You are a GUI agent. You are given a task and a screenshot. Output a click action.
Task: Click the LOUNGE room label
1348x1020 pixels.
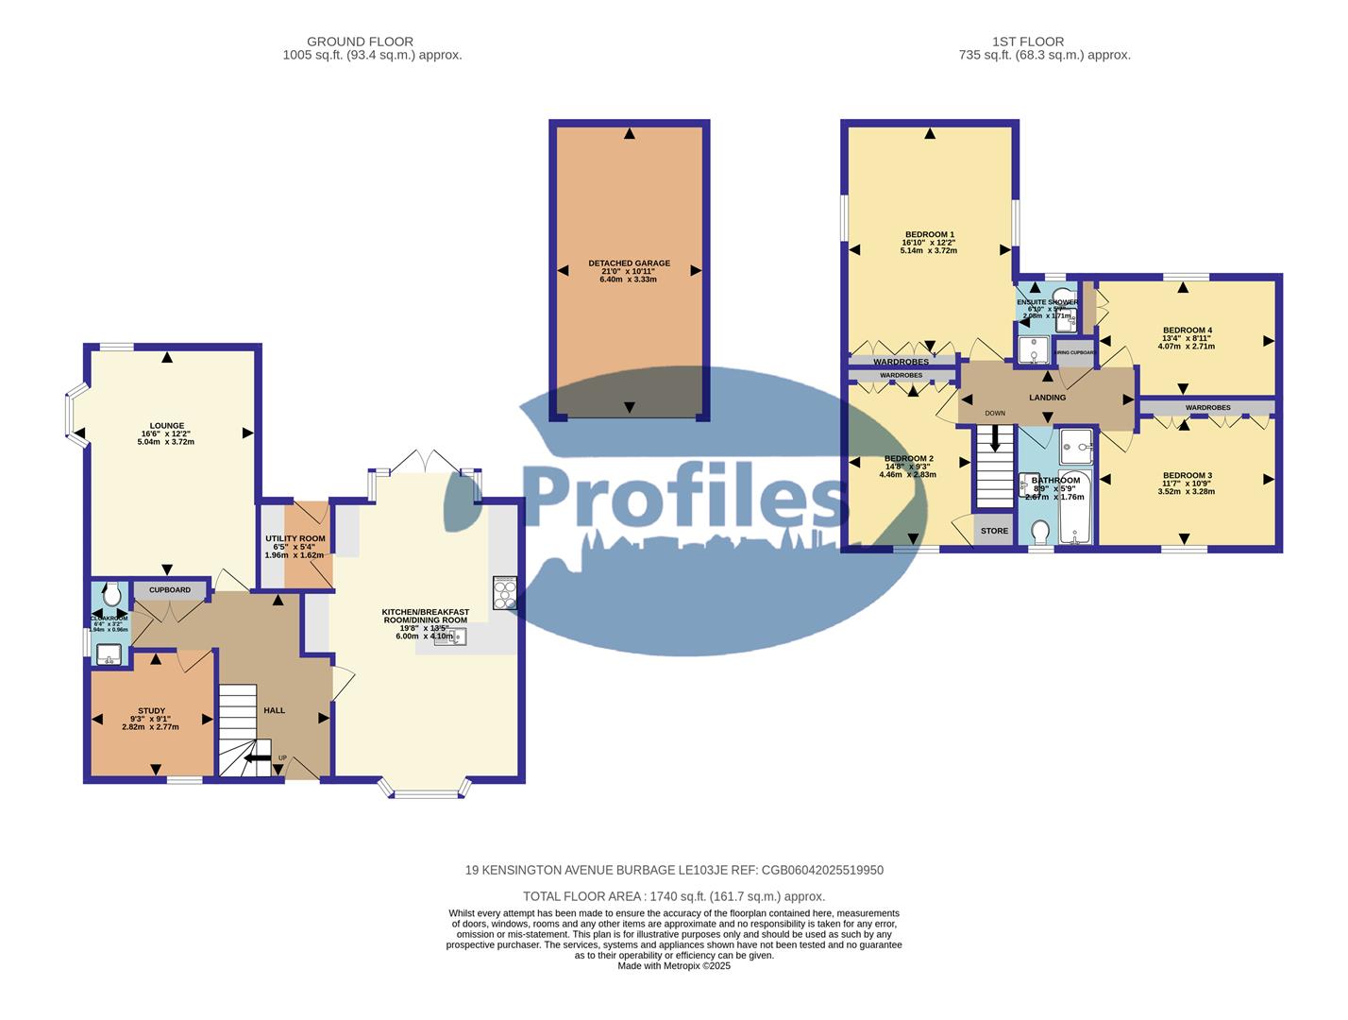pos(166,426)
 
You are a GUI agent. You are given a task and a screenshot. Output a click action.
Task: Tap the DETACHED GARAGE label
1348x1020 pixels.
pos(629,263)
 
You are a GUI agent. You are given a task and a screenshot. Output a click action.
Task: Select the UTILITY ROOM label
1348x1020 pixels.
pos(295,538)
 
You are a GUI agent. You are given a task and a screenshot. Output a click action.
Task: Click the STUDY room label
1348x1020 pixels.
pos(151,711)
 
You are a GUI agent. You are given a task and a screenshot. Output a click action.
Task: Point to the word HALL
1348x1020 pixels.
pos(274,710)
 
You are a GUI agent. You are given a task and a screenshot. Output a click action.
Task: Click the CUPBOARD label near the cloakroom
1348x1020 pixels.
pos(169,590)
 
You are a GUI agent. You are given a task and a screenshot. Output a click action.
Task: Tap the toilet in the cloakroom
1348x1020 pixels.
pos(112,594)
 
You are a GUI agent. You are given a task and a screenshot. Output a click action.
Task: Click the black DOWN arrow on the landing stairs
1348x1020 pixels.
pos(994,439)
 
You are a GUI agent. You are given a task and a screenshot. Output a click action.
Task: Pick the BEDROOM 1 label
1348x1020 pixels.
pos(930,234)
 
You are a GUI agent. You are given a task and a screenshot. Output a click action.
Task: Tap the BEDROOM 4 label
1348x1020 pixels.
pos(1187,331)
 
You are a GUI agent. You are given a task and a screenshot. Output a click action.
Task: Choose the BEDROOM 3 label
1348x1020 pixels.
pos(1187,476)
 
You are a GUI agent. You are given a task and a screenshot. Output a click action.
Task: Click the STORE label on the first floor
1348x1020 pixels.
pos(994,531)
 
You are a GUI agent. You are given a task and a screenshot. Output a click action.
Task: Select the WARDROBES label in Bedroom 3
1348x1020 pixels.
pos(1207,408)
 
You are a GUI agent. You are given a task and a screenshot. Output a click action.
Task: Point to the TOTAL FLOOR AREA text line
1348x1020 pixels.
pos(674,896)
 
